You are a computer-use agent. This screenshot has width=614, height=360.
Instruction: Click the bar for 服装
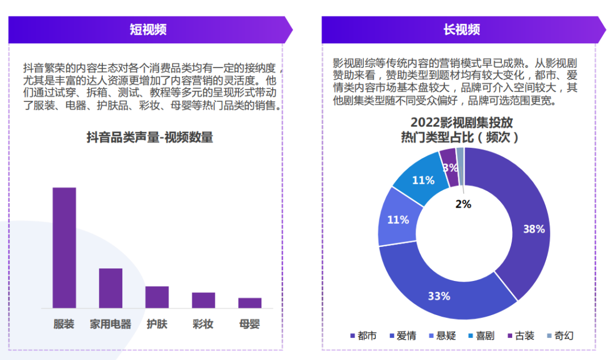click(64, 247)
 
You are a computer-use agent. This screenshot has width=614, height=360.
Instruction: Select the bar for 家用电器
click(110, 288)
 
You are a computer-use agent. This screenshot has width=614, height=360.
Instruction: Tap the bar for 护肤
click(157, 297)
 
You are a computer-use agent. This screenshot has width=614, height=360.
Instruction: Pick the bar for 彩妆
click(203, 300)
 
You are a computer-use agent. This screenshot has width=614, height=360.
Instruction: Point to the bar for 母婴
click(250, 303)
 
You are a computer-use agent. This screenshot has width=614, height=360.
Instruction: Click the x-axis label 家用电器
click(110, 324)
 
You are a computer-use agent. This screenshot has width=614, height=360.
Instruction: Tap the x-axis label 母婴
click(250, 324)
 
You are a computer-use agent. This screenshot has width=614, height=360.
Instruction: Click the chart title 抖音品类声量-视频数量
click(150, 137)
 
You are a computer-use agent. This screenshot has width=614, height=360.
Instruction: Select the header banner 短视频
click(148, 30)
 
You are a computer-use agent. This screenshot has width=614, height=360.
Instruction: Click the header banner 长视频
click(462, 30)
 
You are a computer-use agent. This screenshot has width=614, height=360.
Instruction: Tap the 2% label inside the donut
click(463, 204)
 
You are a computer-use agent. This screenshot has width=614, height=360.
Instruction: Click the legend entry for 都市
click(363, 336)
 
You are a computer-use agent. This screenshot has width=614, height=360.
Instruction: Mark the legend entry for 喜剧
click(481, 336)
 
